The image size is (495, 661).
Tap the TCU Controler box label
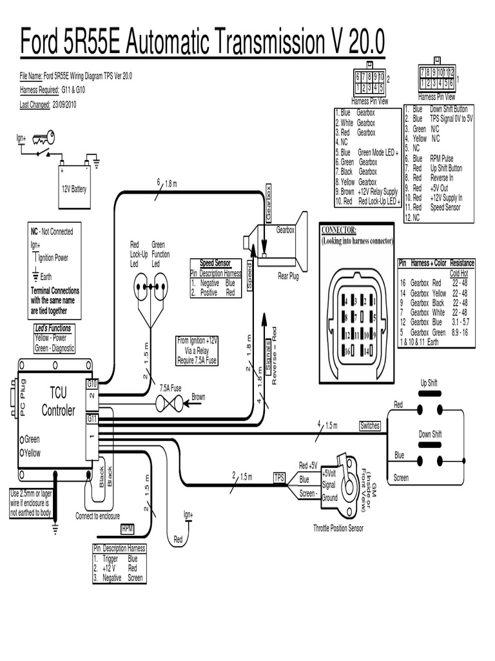(x=58, y=402)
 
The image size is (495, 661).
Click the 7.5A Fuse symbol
(x=171, y=402)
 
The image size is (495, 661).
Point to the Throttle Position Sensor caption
(x=338, y=528)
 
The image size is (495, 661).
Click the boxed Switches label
(x=370, y=426)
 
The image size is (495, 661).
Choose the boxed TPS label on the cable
(x=279, y=478)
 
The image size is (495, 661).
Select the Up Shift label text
(x=429, y=383)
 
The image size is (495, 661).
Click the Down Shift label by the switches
(x=430, y=434)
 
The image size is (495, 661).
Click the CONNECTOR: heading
(x=338, y=230)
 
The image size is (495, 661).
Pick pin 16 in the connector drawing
(x=347, y=352)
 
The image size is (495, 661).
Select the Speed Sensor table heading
(x=215, y=264)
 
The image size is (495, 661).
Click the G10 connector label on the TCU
(x=92, y=383)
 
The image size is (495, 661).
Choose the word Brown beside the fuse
(x=198, y=397)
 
